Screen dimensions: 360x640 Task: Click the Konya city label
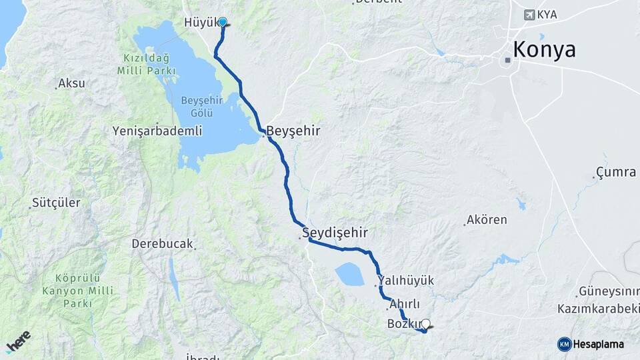point(544,50)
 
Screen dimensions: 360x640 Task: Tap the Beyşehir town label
point(293,131)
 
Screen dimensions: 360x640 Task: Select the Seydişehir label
point(335,233)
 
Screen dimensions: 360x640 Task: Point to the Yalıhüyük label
point(405,281)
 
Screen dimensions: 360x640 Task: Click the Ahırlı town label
point(405,303)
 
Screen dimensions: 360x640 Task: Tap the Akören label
point(487,219)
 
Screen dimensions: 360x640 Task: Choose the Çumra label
point(616,172)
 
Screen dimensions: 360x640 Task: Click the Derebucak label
point(161,243)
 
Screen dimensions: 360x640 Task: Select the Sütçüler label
point(56,202)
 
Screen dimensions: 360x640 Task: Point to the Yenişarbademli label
point(157,131)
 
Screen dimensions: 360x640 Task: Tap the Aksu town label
point(72,83)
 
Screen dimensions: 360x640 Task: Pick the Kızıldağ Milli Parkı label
point(147,65)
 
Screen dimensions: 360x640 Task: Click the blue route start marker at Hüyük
point(223,22)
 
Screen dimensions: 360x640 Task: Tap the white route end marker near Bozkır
point(426,324)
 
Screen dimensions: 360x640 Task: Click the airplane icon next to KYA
point(530,15)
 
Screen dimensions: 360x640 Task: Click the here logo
point(19,341)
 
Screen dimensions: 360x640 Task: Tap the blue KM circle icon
point(564,344)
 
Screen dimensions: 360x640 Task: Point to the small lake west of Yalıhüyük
point(349,273)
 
